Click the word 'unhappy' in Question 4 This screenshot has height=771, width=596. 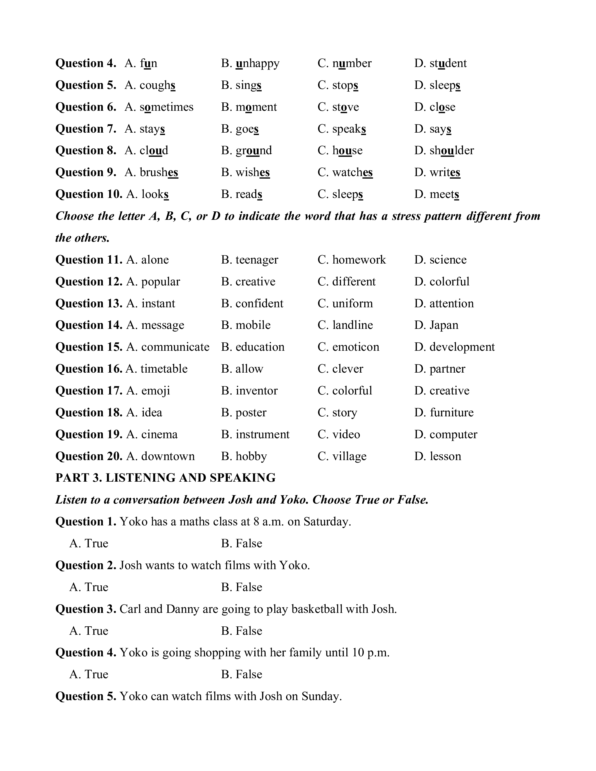pyautogui.click(x=257, y=64)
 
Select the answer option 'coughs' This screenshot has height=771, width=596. pyautogui.click(x=157, y=86)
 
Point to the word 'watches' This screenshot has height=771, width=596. pyautogui.click(x=352, y=173)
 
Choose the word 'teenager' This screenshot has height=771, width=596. pyautogui.click(x=257, y=260)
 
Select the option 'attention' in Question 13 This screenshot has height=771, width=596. pyautogui.click(x=452, y=304)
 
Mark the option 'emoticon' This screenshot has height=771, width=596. pyautogui.click(x=356, y=347)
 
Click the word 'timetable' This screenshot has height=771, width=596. pyautogui.click(x=164, y=369)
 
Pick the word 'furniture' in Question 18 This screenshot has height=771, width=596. pyautogui.click(x=452, y=413)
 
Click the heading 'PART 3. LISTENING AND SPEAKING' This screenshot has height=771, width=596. pyautogui.click(x=165, y=478)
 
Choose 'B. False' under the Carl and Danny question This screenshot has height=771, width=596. pyautogui.click(x=241, y=631)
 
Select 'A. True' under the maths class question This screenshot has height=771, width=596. pyautogui.click(x=89, y=544)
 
